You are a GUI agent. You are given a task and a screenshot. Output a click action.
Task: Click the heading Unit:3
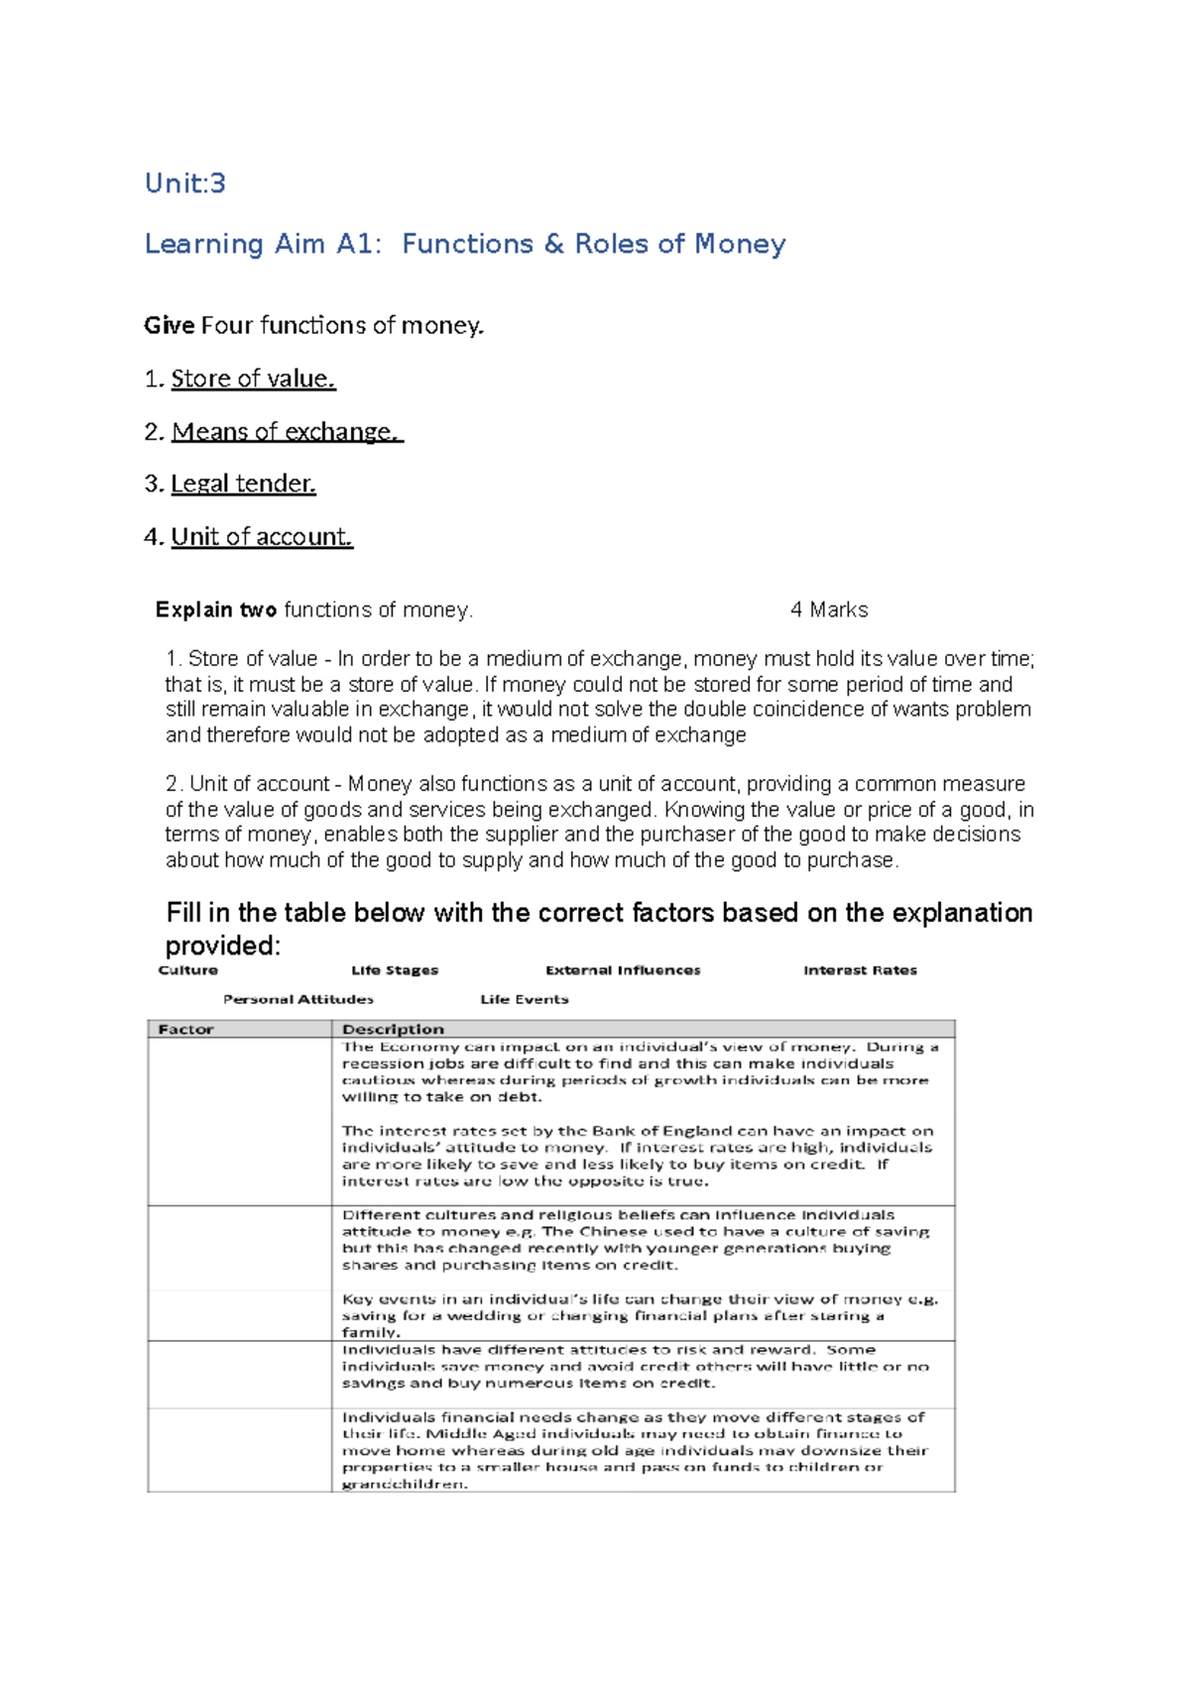click(x=185, y=183)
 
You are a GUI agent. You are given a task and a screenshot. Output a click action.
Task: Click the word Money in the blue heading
click(x=740, y=244)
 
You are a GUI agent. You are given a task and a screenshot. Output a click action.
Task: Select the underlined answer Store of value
click(x=253, y=379)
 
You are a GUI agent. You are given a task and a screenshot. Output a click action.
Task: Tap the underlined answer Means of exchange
click(x=286, y=431)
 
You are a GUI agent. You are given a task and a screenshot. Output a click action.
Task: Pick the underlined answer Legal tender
click(x=243, y=484)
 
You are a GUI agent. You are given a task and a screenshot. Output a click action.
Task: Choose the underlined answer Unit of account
click(x=262, y=536)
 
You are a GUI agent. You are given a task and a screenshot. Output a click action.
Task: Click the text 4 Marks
click(x=829, y=610)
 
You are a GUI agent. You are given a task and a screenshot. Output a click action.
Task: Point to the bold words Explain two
click(x=216, y=610)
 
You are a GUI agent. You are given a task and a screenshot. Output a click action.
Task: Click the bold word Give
click(x=169, y=325)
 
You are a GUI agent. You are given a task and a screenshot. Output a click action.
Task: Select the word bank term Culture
click(x=187, y=970)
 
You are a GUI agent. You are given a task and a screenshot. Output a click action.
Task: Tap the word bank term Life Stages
click(x=395, y=970)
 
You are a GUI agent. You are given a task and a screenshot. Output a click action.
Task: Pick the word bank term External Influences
click(x=623, y=970)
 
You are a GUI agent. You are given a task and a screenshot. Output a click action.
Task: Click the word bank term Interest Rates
click(x=860, y=970)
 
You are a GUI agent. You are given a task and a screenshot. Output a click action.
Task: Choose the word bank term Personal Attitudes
click(x=298, y=999)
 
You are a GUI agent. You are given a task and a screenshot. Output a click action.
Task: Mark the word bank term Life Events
click(x=525, y=999)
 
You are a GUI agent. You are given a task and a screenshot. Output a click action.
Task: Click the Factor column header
click(x=186, y=1029)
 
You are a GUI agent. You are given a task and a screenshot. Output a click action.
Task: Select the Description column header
click(x=394, y=1029)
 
